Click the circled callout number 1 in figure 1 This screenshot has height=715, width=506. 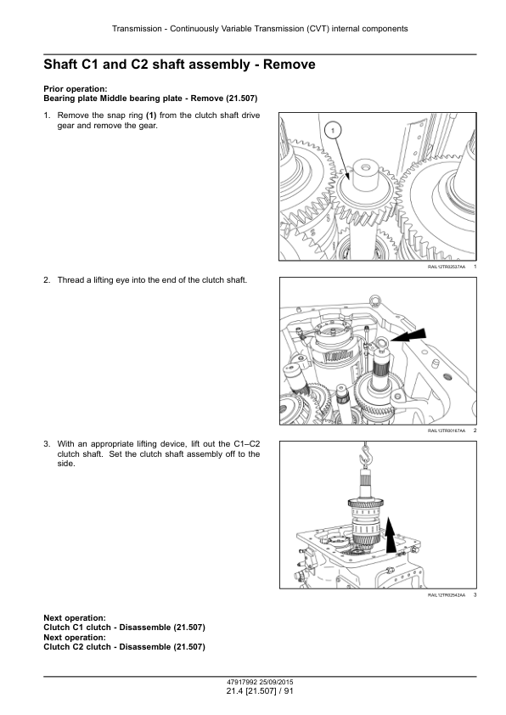(x=333, y=131)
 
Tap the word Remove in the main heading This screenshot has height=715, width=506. (x=289, y=65)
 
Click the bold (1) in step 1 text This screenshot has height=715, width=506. (x=151, y=115)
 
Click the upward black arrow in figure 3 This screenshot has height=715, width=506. (x=391, y=534)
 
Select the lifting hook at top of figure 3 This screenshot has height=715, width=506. (x=365, y=453)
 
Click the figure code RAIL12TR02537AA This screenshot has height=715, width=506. (x=447, y=267)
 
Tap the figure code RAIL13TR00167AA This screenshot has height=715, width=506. (x=447, y=431)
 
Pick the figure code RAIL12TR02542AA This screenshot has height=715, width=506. (x=447, y=594)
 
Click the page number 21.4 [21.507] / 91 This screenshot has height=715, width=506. (x=260, y=691)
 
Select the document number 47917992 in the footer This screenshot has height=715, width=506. (x=242, y=682)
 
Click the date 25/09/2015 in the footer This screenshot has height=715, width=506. (x=276, y=682)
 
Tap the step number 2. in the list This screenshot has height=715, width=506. (x=47, y=280)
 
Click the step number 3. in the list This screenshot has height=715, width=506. (x=47, y=443)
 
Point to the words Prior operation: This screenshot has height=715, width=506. (x=76, y=89)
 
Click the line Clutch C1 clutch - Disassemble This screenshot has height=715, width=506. (x=125, y=628)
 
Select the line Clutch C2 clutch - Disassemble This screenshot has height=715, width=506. (x=125, y=646)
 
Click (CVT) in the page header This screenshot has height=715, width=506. (x=318, y=29)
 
